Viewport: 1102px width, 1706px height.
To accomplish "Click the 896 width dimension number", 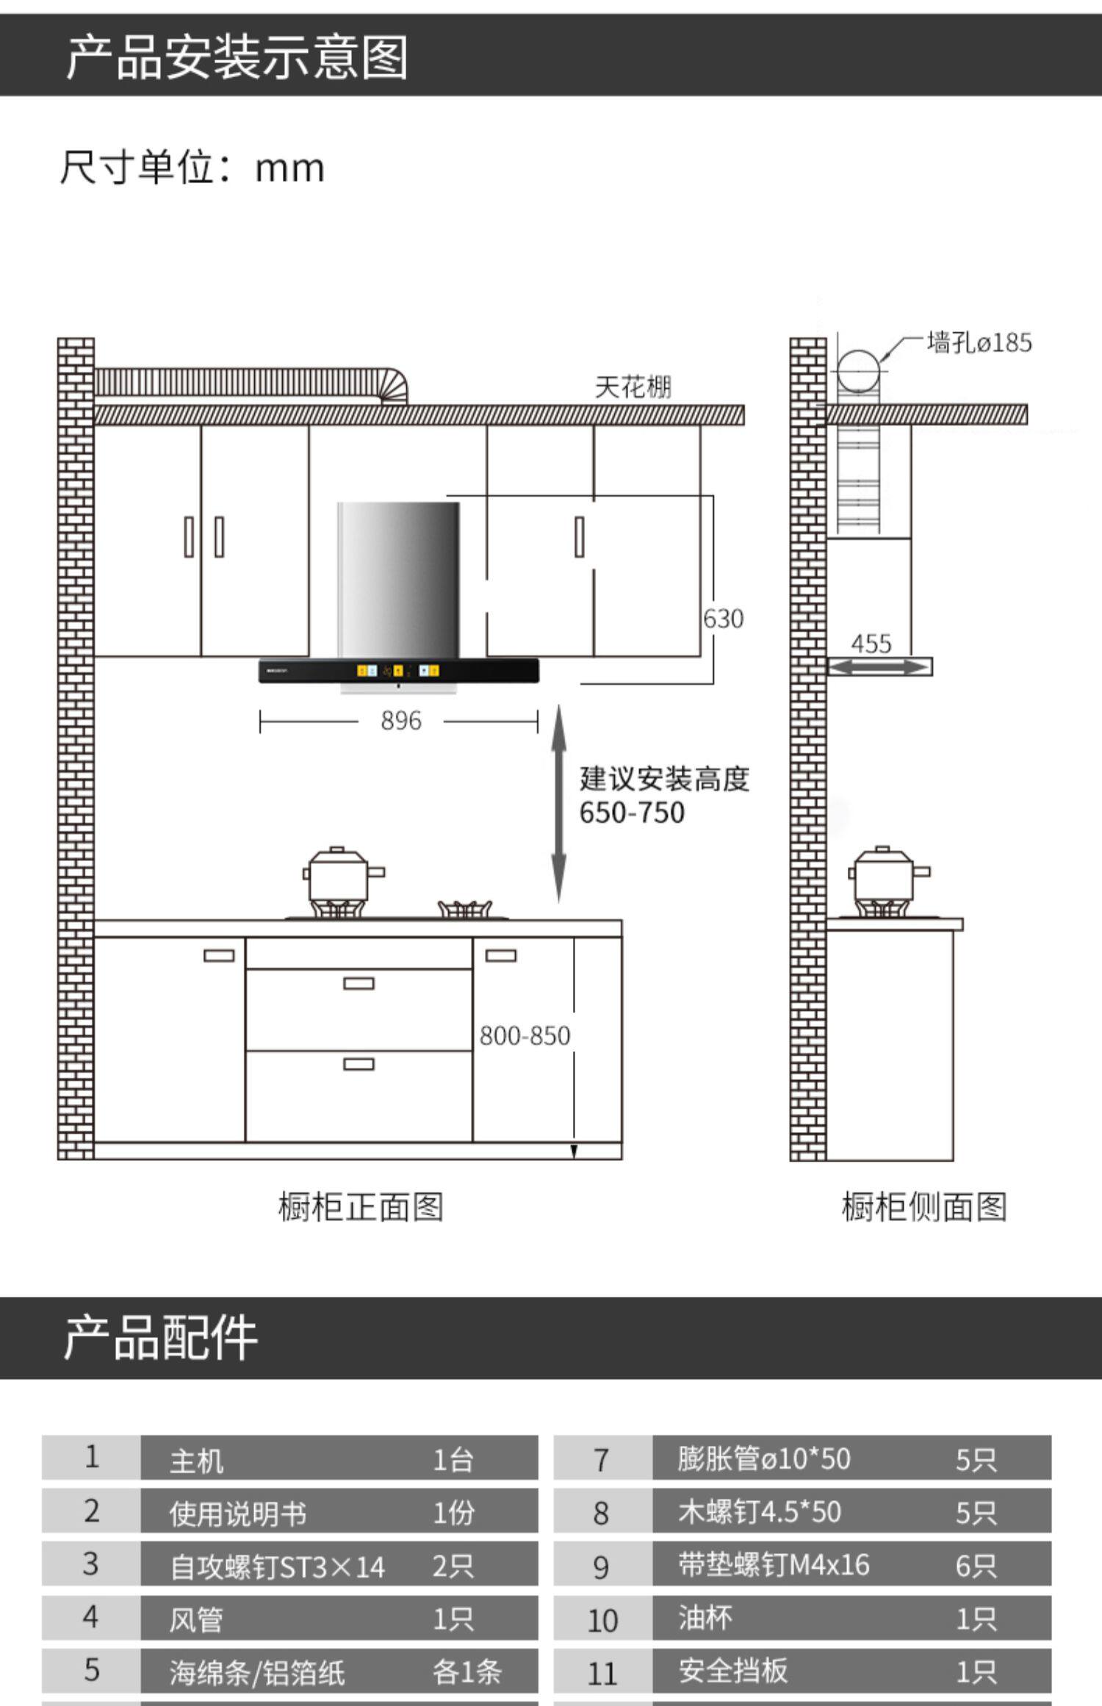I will click(400, 721).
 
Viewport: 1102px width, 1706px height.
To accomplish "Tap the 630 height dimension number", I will click(723, 619).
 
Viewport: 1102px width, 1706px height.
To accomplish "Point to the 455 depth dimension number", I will click(871, 644).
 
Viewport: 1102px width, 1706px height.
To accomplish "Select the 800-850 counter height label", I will click(525, 1036).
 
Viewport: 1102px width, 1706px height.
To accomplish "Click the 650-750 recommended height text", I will click(632, 813).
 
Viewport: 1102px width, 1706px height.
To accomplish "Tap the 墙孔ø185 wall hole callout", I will click(979, 343).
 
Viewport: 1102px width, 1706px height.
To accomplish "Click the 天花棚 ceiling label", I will click(633, 387).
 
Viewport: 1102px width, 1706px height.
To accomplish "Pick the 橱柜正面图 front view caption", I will click(360, 1207).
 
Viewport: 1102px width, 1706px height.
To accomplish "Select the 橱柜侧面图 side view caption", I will click(923, 1207).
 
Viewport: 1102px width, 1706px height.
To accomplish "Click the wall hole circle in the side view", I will click(859, 370).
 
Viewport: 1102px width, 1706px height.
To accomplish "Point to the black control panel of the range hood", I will click(398, 671).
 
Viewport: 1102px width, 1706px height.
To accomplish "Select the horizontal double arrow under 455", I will click(879, 667).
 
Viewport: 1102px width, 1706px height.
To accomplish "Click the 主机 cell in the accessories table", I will click(196, 1460).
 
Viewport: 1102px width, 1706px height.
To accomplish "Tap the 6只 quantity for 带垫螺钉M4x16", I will click(976, 1566).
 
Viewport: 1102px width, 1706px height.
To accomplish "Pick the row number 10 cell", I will click(602, 1620).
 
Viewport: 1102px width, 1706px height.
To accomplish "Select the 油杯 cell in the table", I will click(705, 1618).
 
